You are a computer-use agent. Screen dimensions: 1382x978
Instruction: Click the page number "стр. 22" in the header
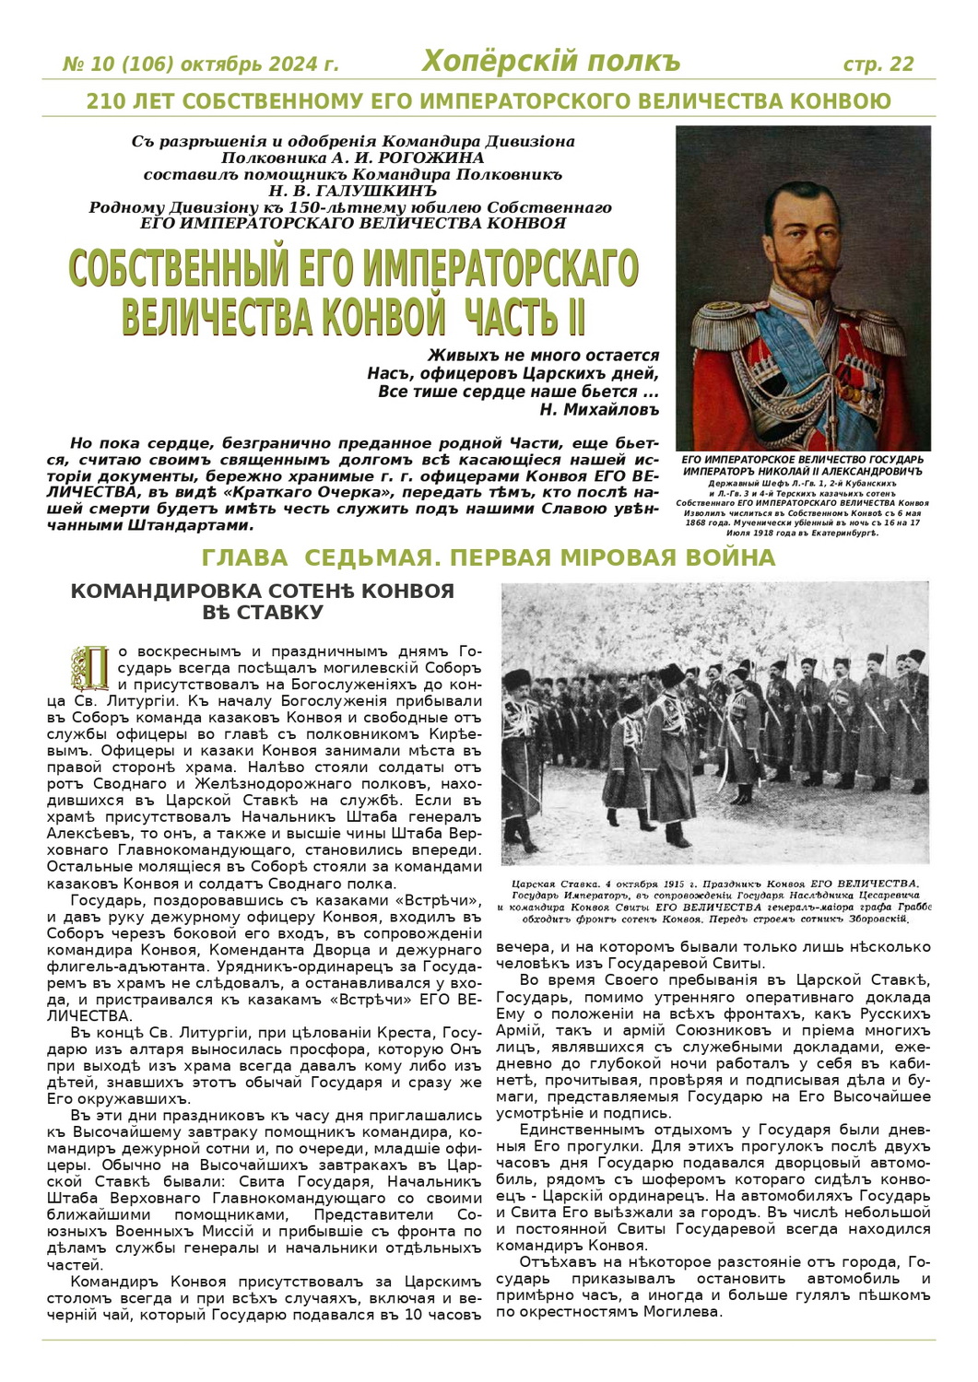[878, 64]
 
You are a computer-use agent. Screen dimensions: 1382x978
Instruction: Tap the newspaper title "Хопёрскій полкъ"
[550, 61]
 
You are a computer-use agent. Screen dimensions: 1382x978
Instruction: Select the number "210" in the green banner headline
[105, 101]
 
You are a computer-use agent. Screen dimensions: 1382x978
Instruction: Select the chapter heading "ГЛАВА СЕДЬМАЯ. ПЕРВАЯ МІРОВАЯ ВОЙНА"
[489, 557]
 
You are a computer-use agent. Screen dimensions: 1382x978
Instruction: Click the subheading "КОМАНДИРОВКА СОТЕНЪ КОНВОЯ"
[263, 591]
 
